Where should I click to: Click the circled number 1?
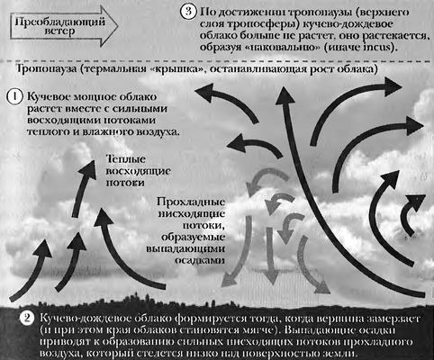click(x=14, y=98)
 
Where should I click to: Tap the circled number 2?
click(x=27, y=319)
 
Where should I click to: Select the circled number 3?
click(x=188, y=12)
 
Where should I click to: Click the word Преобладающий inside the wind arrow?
click(x=60, y=22)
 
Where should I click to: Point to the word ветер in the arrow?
click(x=60, y=31)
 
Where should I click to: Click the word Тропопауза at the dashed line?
click(x=46, y=68)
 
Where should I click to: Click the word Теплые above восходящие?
click(x=126, y=159)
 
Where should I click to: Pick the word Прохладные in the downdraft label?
click(x=191, y=202)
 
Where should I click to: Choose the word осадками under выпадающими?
click(x=200, y=260)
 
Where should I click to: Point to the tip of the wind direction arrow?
click(x=118, y=26)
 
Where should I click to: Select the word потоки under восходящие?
click(x=125, y=183)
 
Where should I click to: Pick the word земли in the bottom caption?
click(x=339, y=354)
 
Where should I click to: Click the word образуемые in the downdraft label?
click(x=194, y=237)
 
